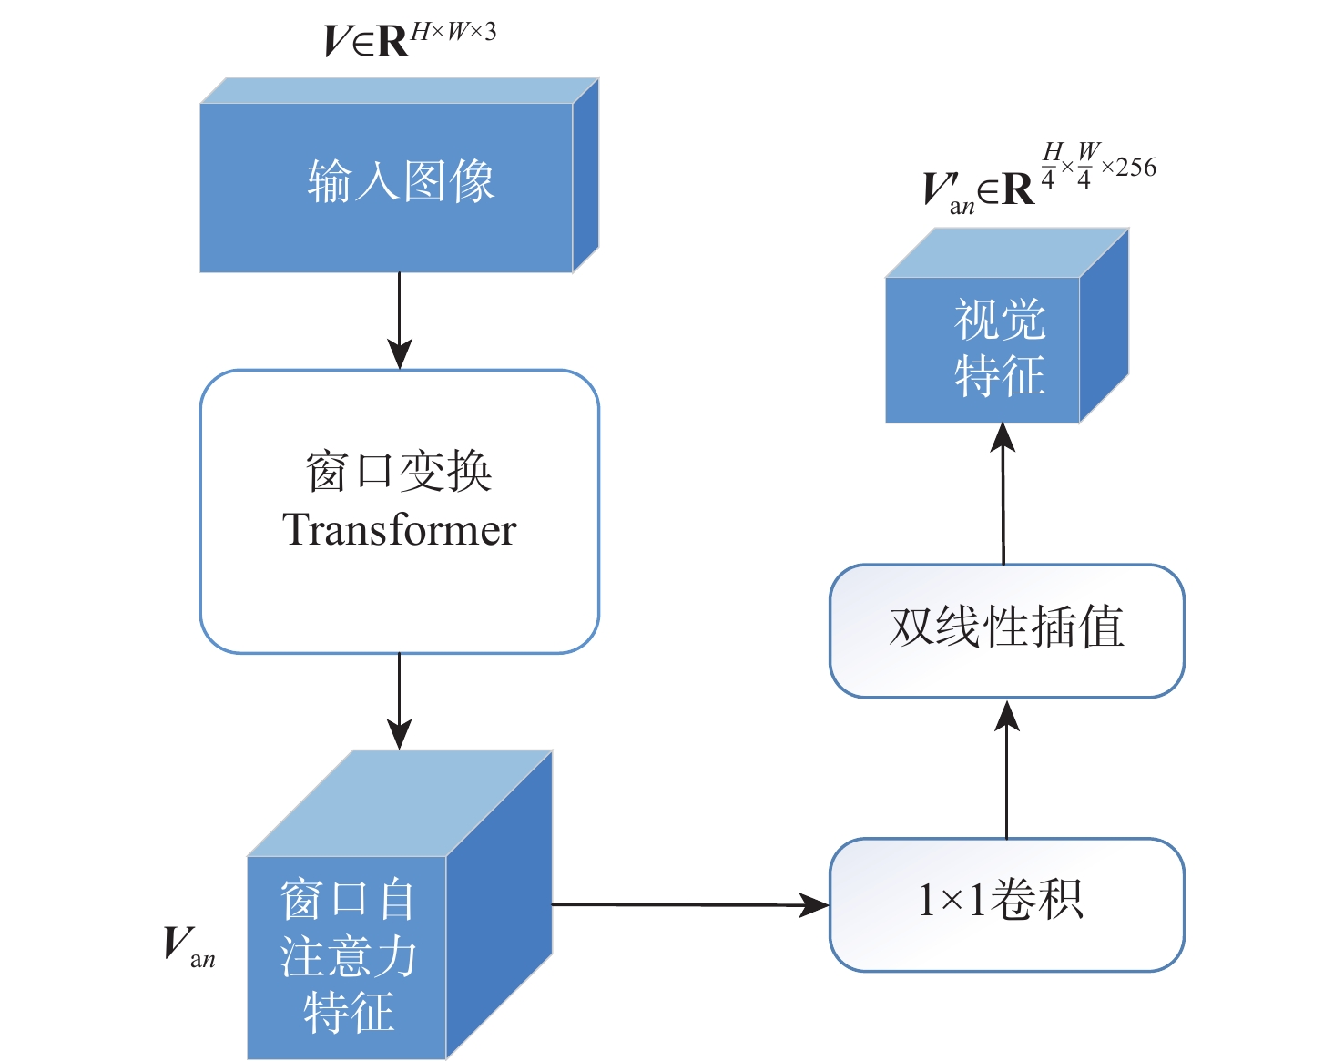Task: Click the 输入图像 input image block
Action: pyautogui.click(x=387, y=187)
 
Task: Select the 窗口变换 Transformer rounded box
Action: pyautogui.click(x=399, y=511)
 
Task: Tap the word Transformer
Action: pyautogui.click(x=399, y=530)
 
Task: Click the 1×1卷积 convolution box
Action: pyautogui.click(x=1006, y=904)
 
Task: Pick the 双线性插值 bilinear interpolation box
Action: pyautogui.click(x=1006, y=630)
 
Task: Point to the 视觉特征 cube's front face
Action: pyautogui.click(x=983, y=350)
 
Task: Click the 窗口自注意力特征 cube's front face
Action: pyautogui.click(x=347, y=956)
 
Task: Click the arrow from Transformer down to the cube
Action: pyautogui.click(x=399, y=701)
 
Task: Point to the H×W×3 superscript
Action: pyautogui.click(x=453, y=33)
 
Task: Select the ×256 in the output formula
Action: pyautogui.click(x=1129, y=168)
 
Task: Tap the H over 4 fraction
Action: pyautogui.click(x=1052, y=165)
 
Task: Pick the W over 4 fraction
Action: pyautogui.click(x=1086, y=165)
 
